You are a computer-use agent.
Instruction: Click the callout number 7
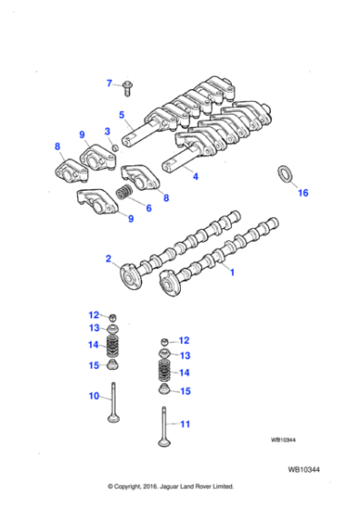tap(109, 83)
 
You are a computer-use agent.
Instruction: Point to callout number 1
tap(231, 272)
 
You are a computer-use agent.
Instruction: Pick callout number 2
tap(110, 259)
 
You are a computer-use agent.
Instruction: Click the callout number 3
tap(106, 132)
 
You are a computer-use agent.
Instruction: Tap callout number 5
tap(120, 115)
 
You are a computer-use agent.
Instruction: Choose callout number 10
tap(94, 395)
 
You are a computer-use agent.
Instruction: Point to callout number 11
tap(185, 424)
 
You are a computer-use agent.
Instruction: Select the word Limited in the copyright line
tap(232, 486)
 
